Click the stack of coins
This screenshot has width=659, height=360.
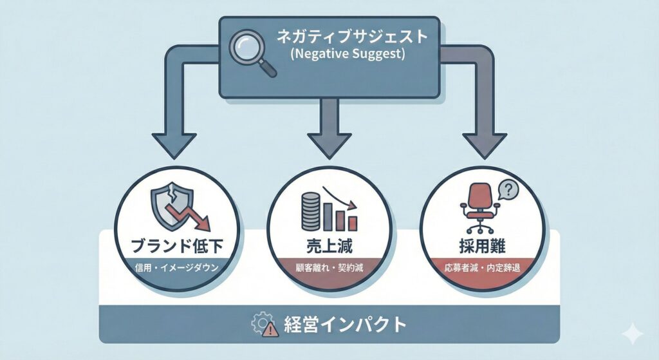310,213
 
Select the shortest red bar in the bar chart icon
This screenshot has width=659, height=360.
352,223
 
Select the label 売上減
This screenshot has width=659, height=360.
329,246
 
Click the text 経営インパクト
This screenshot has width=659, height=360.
344,324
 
